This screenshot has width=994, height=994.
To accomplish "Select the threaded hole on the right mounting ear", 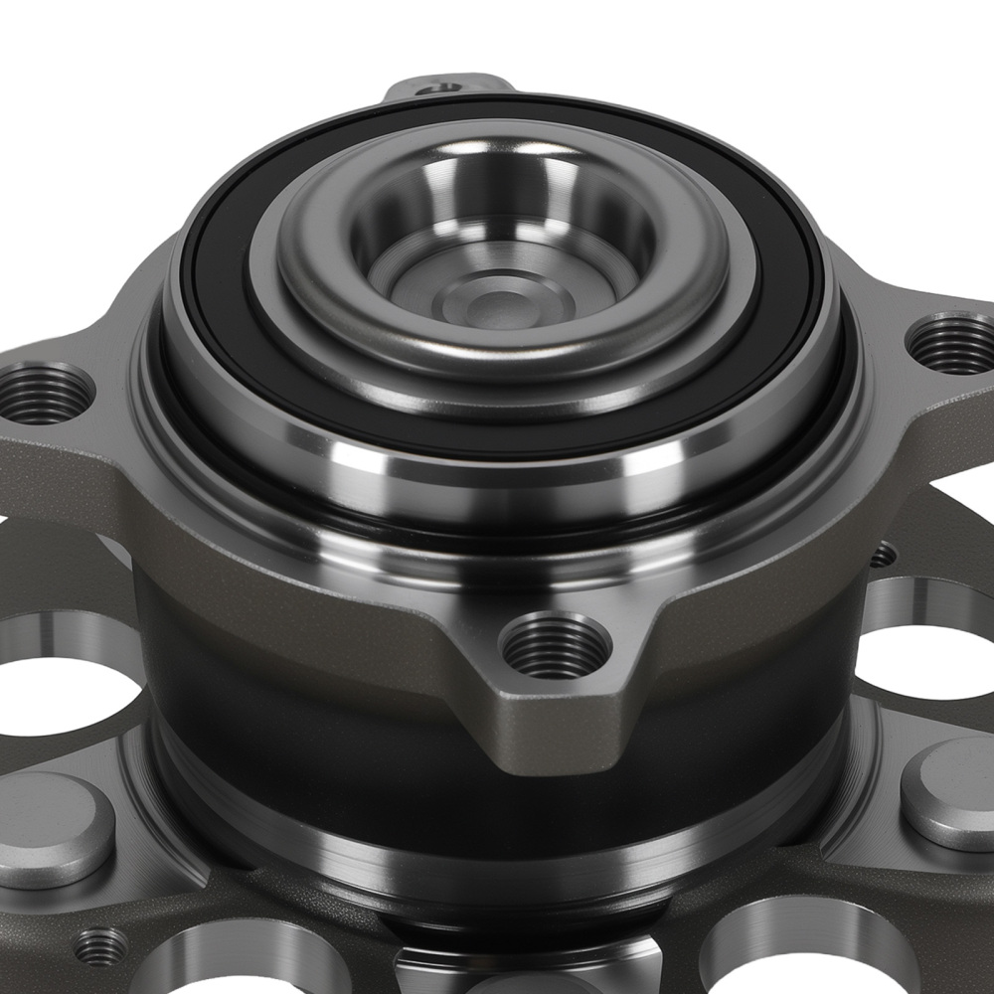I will click(x=952, y=344).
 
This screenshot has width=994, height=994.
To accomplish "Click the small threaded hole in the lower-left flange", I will click(x=100, y=946).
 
